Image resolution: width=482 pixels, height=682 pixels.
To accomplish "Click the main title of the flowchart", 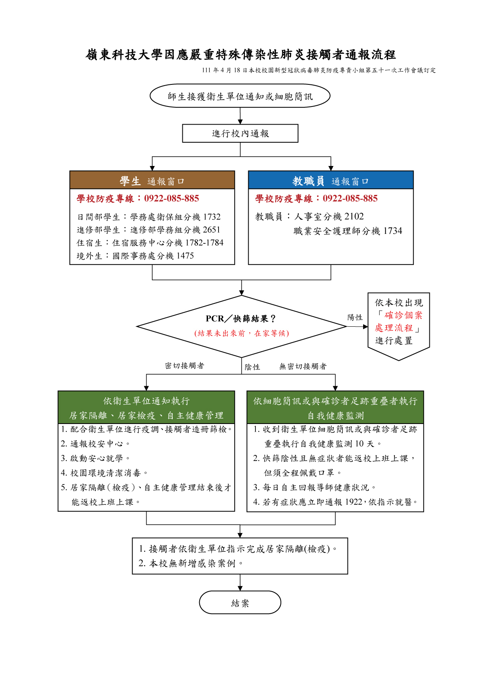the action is tap(240, 55).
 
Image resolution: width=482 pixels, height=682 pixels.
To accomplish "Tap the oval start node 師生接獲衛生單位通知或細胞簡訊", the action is tap(240, 96).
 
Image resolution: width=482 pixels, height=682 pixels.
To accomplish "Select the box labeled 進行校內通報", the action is tap(240, 133).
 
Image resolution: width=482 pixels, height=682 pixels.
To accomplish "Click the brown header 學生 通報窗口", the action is tap(152, 180).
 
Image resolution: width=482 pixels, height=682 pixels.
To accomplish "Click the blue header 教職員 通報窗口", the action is tap(331, 180).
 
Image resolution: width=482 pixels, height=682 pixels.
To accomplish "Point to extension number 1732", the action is tap(212, 217).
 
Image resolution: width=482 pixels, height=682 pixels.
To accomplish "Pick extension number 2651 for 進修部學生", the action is tap(212, 229).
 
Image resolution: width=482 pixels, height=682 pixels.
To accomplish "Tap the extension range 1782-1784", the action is tap(204, 243).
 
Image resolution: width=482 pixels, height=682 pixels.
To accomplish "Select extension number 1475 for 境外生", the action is tap(185, 256).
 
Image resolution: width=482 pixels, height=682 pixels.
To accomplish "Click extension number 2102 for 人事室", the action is tap(354, 217).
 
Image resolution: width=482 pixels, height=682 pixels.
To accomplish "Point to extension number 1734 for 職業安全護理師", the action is tap(393, 231).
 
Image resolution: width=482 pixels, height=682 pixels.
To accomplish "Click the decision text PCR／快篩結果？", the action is tap(241, 319).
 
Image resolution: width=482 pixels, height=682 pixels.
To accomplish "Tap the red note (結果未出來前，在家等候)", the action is tap(242, 334).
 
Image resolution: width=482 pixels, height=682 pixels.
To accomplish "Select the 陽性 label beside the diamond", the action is tap(355, 317).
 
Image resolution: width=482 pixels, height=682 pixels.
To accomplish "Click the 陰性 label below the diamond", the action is tap(252, 367).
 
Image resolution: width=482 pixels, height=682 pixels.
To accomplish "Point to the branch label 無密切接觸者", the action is tap(303, 366).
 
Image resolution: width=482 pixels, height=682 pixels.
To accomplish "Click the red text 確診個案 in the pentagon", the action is tap(404, 315).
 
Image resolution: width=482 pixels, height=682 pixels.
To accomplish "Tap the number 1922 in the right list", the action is tap(353, 502).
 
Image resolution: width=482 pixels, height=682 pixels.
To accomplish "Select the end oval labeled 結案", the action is tap(240, 602).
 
